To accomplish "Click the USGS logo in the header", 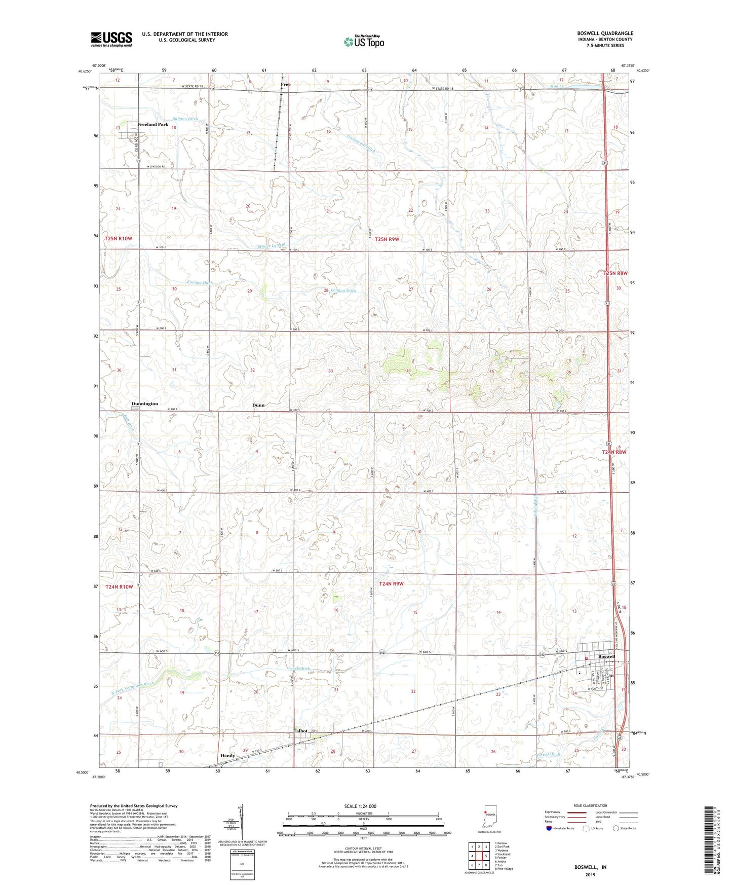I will coord(111,39).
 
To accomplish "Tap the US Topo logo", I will coord(363,42).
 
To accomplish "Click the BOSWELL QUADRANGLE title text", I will coord(605,33).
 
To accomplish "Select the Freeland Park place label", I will coord(152,125).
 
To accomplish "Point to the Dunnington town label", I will coord(145,403).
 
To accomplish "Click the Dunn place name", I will coord(258,405).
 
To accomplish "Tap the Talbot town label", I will coord(300,731).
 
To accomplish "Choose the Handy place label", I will coord(227,756).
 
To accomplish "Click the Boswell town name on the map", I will coord(606,656).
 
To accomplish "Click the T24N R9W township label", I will coord(393,583).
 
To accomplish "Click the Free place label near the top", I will coord(286,85).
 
